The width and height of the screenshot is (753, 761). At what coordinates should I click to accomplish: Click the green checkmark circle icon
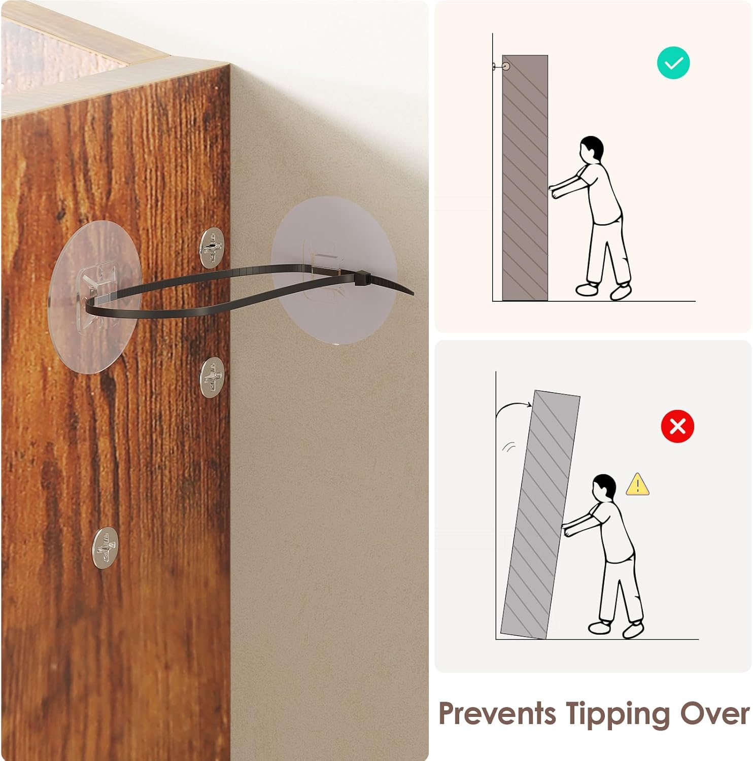click(673, 63)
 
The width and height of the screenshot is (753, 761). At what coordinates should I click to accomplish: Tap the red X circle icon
click(677, 426)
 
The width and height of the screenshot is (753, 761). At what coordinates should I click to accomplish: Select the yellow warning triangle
click(637, 485)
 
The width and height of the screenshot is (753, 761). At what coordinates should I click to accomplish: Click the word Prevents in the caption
click(497, 714)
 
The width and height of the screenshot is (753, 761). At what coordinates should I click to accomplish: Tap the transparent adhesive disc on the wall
click(334, 270)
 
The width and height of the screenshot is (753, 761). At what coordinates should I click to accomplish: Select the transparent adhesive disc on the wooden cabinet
click(95, 297)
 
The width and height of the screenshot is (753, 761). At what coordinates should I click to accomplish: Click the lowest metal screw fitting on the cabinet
click(106, 547)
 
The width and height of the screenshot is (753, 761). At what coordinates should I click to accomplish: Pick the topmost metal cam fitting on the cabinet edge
click(212, 248)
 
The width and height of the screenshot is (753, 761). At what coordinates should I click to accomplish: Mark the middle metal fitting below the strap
click(212, 377)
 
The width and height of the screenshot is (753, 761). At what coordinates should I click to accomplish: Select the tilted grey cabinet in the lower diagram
click(540, 514)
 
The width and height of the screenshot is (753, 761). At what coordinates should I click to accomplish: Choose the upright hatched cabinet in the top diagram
click(525, 178)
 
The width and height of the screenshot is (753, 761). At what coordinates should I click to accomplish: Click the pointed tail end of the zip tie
click(412, 293)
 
